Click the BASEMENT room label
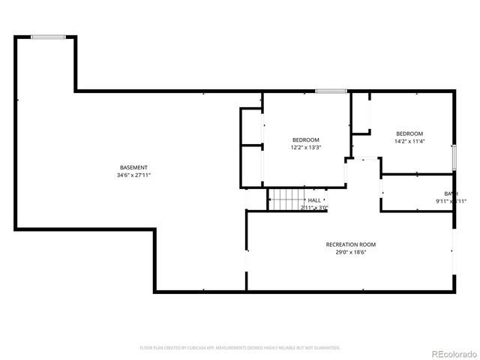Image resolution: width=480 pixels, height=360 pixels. tap(133, 167)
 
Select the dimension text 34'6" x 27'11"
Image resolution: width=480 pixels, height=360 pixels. tap(133, 175)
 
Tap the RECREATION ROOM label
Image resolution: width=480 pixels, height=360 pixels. tap(350, 244)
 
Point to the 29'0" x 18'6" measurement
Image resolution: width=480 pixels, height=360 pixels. tap(350, 253)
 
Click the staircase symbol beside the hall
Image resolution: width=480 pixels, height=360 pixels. tap(285, 200)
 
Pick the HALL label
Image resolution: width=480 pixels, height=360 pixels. tap(313, 200)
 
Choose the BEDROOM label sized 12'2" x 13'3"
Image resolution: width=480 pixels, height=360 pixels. tap(305, 139)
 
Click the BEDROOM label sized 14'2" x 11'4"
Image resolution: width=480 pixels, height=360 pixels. tap(409, 133)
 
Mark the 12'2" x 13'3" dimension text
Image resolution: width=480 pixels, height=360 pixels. tap(305, 148)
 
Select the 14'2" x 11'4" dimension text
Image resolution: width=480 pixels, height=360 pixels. tap(409, 141)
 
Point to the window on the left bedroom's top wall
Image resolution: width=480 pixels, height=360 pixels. tap(331, 91)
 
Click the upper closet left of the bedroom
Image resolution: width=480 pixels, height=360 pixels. tap(251, 127)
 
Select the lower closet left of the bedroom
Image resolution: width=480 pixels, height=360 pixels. tap(251, 166)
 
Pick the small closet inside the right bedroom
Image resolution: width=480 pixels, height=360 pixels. tap(361, 114)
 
